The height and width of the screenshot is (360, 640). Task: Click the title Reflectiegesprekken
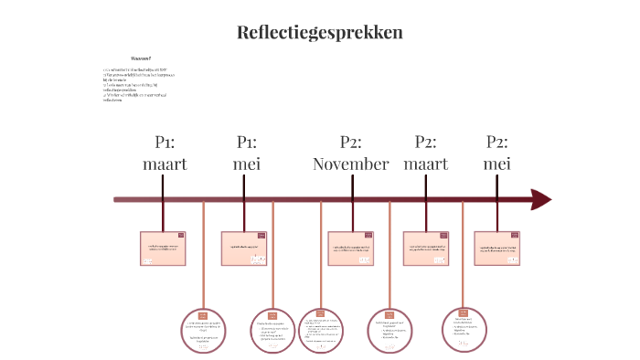click(319, 33)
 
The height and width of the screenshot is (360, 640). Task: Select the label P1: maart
click(164, 153)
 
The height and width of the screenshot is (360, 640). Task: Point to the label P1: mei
click(245, 153)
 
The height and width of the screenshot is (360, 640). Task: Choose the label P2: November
click(351, 153)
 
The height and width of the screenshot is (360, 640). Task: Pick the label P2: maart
click(425, 153)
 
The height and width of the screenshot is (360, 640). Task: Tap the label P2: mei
click(497, 153)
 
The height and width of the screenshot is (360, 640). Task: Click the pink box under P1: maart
click(164, 249)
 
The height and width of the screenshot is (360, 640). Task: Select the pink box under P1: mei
click(245, 249)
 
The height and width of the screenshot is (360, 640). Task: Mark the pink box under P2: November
click(351, 249)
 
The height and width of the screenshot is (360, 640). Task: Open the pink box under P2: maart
click(426, 249)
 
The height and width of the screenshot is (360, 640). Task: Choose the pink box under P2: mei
click(497, 249)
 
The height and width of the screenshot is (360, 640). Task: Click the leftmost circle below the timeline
click(203, 331)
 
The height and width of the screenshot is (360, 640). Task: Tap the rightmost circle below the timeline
click(464, 329)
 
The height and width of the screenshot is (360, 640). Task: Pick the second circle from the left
click(272, 331)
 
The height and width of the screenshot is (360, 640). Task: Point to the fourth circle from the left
click(390, 331)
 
